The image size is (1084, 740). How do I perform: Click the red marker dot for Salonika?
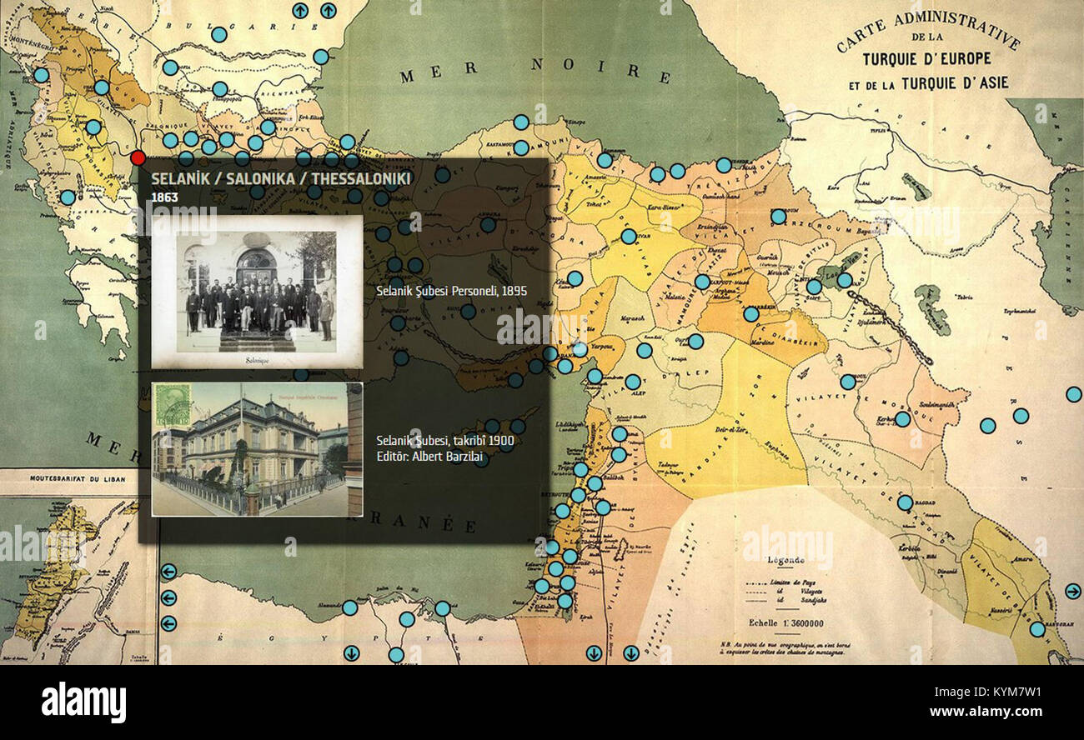tap(138, 157)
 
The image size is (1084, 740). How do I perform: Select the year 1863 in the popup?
tap(164, 197)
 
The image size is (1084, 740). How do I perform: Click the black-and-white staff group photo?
tap(257, 291)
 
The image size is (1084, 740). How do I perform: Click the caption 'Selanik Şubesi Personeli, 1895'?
tap(451, 291)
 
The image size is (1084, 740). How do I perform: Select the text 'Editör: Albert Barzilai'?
tap(431, 457)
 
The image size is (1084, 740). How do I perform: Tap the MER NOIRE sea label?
tap(534, 71)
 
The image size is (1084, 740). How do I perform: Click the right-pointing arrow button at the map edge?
tap(1072, 591)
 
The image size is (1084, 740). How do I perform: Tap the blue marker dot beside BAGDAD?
tap(905, 502)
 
